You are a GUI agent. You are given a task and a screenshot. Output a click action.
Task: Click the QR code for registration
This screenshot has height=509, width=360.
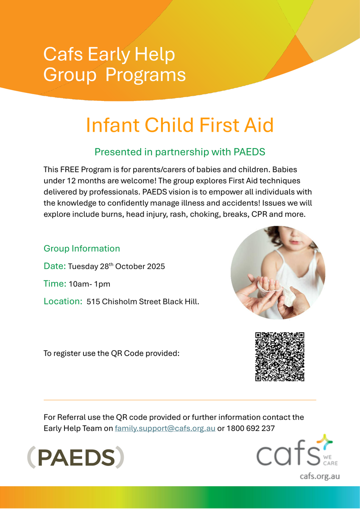(279, 357)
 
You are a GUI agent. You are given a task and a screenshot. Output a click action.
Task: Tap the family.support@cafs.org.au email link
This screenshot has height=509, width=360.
(165, 428)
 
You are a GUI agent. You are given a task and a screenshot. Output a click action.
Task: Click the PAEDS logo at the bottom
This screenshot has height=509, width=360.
(75, 457)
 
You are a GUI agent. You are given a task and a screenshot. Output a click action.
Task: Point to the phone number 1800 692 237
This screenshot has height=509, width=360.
(251, 428)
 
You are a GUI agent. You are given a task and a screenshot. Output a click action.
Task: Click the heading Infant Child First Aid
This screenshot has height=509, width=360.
(180, 125)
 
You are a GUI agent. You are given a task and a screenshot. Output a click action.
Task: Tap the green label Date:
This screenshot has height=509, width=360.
(55, 266)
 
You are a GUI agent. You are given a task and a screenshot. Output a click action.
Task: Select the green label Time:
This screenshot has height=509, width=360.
(55, 284)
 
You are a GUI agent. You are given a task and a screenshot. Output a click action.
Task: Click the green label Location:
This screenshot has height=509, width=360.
(63, 301)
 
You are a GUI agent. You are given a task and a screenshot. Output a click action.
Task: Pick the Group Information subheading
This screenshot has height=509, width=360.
(82, 249)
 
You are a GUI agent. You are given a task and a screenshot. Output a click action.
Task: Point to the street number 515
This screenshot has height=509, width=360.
(93, 302)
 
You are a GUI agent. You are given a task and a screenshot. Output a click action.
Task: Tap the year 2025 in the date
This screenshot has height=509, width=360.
(156, 266)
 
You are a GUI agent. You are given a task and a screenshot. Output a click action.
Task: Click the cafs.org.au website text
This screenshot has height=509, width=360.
(320, 476)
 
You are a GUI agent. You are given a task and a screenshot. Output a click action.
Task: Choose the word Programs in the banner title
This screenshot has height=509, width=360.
(145, 75)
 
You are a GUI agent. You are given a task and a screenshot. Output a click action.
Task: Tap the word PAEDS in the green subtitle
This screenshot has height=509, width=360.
(249, 152)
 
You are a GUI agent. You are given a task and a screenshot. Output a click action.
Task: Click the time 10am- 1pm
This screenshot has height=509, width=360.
(89, 284)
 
